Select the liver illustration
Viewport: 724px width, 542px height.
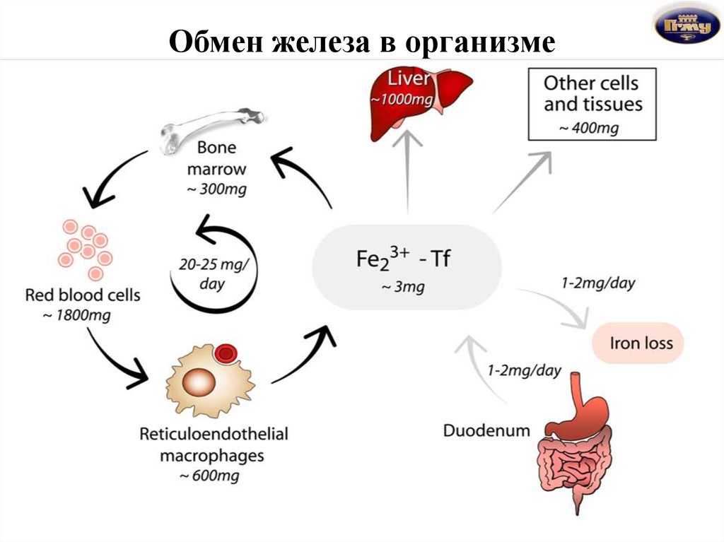[421, 102]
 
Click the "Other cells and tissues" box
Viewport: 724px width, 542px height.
[592, 105]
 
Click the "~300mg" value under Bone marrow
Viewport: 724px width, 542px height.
[216, 189]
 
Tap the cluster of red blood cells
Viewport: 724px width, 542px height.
[86, 248]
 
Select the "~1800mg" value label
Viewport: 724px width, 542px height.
[76, 316]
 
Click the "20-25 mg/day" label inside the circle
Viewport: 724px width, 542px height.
[214, 273]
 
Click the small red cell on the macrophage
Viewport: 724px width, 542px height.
[226, 353]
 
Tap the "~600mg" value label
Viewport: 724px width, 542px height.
[209, 476]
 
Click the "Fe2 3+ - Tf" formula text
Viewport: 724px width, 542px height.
[402, 258]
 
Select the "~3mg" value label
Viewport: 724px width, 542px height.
[402, 287]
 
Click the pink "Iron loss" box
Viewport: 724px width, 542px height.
[638, 343]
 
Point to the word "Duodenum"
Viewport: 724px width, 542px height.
[486, 430]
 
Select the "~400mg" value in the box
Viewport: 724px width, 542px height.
[589, 127]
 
